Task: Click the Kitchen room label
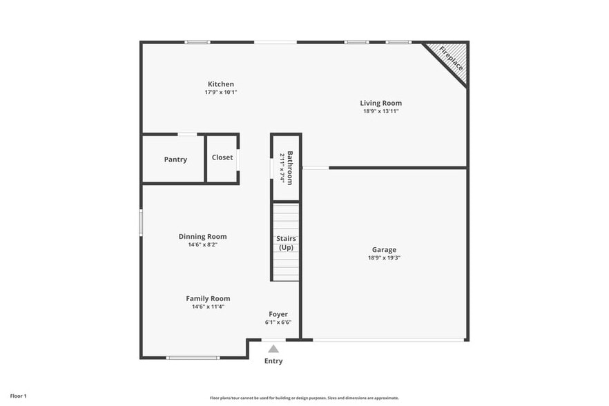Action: coord(220,84)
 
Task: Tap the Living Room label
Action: coord(380,103)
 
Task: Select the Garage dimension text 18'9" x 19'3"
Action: coord(384,258)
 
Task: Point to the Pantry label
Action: coord(175,159)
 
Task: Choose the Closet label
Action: coord(222,157)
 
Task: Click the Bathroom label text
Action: coord(290,167)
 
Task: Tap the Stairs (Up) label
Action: coord(286,243)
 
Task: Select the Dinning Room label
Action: coord(202,236)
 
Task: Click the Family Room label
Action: coord(208,298)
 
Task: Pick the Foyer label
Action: coord(278,314)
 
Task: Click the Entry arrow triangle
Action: coord(273,349)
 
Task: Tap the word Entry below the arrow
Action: coord(273,361)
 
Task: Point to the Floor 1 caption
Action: coord(18,396)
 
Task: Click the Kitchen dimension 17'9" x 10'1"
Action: coord(220,92)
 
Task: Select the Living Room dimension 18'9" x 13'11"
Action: coord(380,110)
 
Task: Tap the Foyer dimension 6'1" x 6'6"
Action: coord(278,322)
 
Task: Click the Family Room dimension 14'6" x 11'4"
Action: coord(208,307)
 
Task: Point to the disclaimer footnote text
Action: coord(304,398)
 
